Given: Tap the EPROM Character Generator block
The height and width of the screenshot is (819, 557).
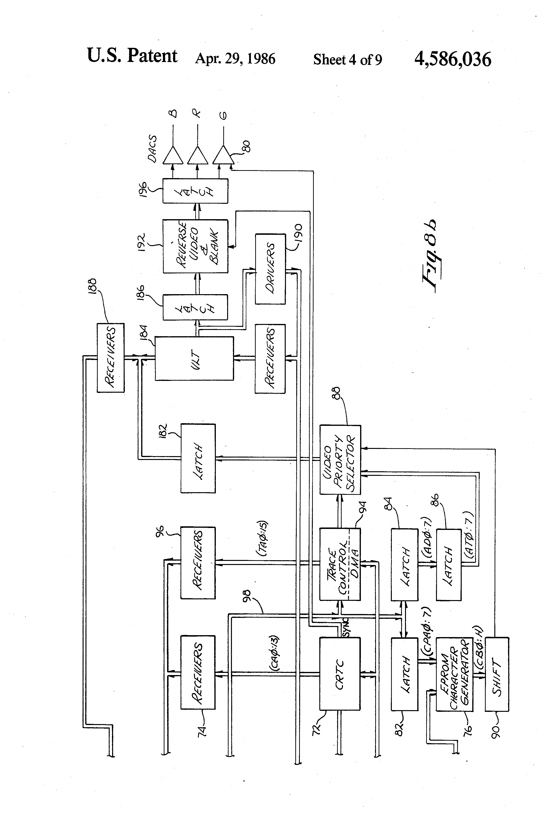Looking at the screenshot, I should pyautogui.click(x=454, y=674).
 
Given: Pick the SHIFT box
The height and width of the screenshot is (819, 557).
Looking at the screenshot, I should pyautogui.click(x=497, y=674).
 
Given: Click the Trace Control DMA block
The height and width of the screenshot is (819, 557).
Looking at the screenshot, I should pyautogui.click(x=340, y=564).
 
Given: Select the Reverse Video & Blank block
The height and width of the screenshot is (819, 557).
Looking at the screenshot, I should pyautogui.click(x=195, y=246).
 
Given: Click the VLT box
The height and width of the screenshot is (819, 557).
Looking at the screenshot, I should pyautogui.click(x=194, y=358).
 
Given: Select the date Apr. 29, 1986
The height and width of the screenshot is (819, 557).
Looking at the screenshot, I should pyautogui.click(x=235, y=58).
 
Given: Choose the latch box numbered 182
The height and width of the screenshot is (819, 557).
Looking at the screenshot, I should pyautogui.click(x=198, y=458).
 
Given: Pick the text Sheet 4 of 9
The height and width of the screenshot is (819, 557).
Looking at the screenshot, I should pyautogui.click(x=347, y=60).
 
